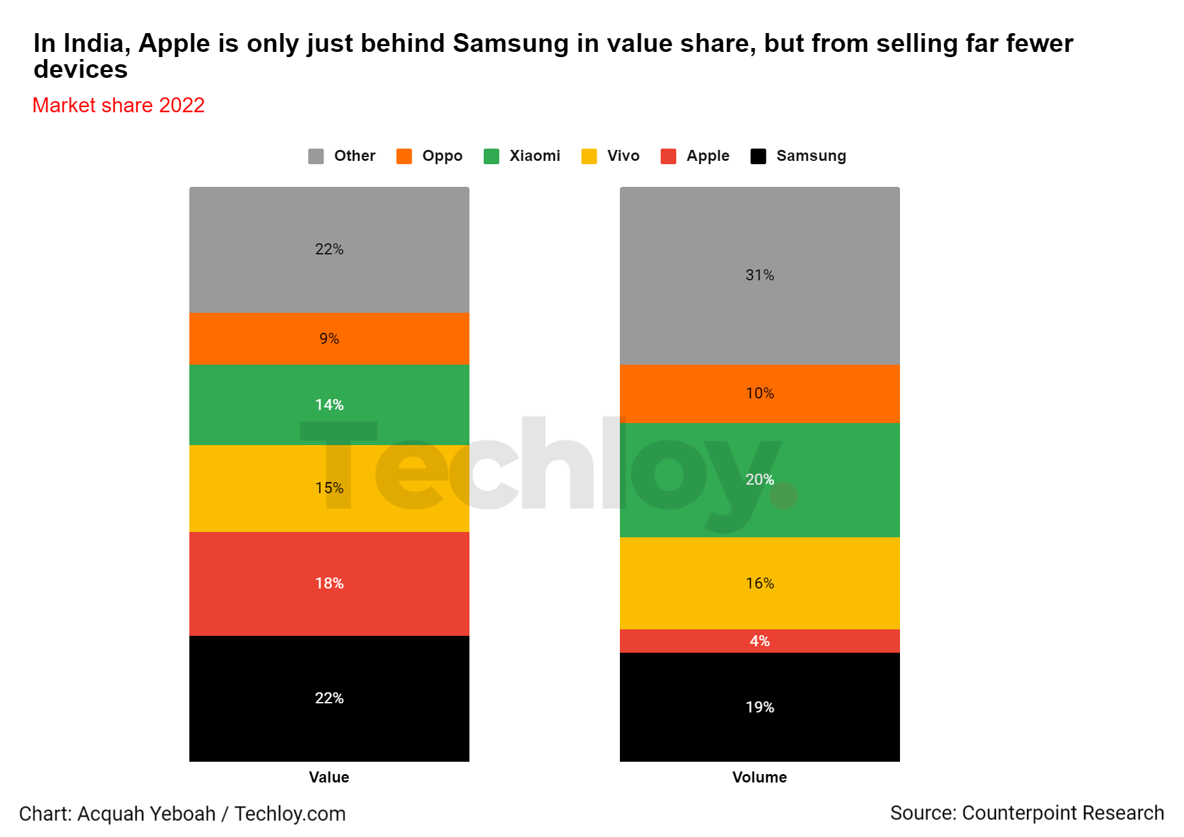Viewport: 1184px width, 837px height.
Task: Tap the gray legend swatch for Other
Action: pos(316,156)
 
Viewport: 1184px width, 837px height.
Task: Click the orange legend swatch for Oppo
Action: pos(404,156)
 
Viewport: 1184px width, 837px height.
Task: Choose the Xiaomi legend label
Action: pos(534,156)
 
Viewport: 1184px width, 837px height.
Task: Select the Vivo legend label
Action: pos(623,156)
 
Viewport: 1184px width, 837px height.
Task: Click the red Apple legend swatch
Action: pos(668,156)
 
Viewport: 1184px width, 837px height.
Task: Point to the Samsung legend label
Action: pos(811,156)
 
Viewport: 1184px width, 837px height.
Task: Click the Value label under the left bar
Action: pos(329,777)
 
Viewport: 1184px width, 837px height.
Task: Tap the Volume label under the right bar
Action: pos(759,777)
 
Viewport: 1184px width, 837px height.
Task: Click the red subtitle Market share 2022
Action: pos(119,105)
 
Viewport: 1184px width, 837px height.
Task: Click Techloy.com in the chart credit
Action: pos(290,814)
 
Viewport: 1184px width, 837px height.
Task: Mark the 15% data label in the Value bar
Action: pos(329,488)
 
